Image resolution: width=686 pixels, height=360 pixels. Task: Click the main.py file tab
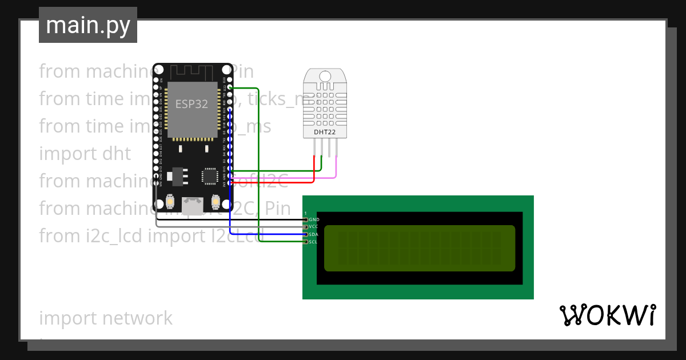click(87, 25)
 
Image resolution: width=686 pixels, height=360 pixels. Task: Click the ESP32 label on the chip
click(192, 104)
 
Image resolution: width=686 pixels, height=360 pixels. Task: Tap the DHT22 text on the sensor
click(324, 133)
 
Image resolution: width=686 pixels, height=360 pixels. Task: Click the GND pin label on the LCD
click(314, 219)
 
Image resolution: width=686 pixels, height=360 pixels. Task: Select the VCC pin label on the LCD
click(313, 227)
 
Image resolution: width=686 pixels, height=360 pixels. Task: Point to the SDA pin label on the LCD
click(313, 234)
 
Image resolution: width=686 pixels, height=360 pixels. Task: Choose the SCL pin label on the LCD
click(313, 242)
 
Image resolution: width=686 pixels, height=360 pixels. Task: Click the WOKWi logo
click(607, 315)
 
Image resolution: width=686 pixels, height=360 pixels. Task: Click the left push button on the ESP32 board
click(170, 202)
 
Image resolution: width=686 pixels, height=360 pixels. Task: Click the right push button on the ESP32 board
click(216, 202)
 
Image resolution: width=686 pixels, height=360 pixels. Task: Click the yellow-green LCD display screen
click(419, 248)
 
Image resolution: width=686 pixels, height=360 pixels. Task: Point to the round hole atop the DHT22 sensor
click(324, 76)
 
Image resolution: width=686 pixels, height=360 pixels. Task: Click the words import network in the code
click(106, 318)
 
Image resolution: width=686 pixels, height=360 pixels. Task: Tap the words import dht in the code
click(85, 154)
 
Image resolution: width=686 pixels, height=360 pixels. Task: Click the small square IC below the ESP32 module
click(210, 177)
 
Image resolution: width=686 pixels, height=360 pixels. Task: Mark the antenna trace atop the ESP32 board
click(192, 72)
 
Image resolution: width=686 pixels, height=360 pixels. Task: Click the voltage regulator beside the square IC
click(177, 177)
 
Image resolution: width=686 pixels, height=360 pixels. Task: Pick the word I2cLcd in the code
click(234, 235)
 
